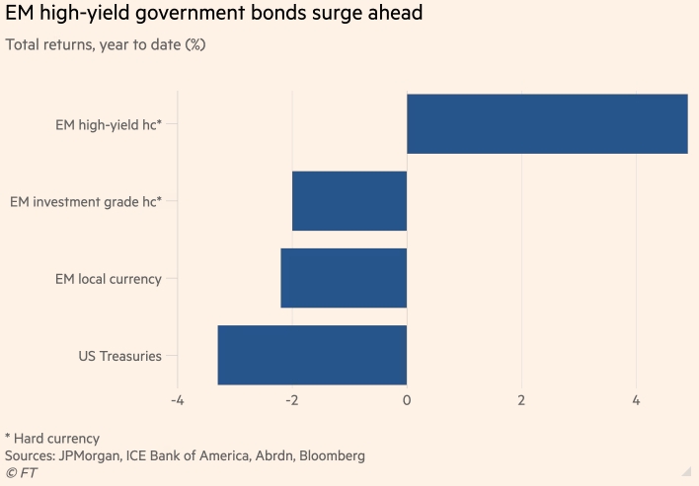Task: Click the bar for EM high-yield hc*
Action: click(x=547, y=124)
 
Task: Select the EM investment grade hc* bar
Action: click(x=349, y=201)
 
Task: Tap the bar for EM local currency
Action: click(x=344, y=278)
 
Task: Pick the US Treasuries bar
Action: click(x=312, y=355)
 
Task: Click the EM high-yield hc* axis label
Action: click(x=109, y=124)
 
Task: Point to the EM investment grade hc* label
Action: click(x=86, y=201)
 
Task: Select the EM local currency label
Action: click(x=108, y=279)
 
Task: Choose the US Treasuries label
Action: click(x=119, y=356)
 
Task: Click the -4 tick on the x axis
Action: click(x=178, y=401)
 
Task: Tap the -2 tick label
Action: click(x=292, y=401)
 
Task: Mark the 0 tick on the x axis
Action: click(x=407, y=401)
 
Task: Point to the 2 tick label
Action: click(x=521, y=401)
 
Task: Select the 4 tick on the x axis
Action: click(x=636, y=401)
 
